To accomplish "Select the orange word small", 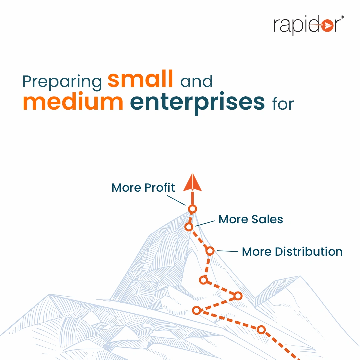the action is pyautogui.click(x=140, y=79).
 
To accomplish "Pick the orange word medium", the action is pyautogui.click(x=73, y=102).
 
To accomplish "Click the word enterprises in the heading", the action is pyautogui.click(x=197, y=103).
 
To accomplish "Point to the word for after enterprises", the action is pyautogui.click(x=283, y=104).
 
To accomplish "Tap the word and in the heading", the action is pyautogui.click(x=196, y=81).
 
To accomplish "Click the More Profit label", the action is pyautogui.click(x=143, y=188).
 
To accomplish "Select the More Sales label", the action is pyautogui.click(x=251, y=219).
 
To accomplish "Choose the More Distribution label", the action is pyautogui.click(x=292, y=252).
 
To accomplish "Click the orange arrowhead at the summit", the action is pyautogui.click(x=192, y=182).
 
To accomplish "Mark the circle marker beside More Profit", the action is pyautogui.click(x=192, y=209).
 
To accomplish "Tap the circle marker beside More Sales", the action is pyautogui.click(x=189, y=227).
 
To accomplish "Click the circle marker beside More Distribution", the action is pyautogui.click(x=210, y=251).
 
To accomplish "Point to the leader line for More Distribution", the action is pyautogui.click(x=228, y=251).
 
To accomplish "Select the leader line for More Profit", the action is pyautogui.click(x=176, y=200).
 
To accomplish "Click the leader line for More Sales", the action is pyautogui.click(x=205, y=223).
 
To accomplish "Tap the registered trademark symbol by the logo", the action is pyautogui.click(x=342, y=17).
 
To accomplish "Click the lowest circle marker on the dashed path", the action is pyautogui.click(x=261, y=330).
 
